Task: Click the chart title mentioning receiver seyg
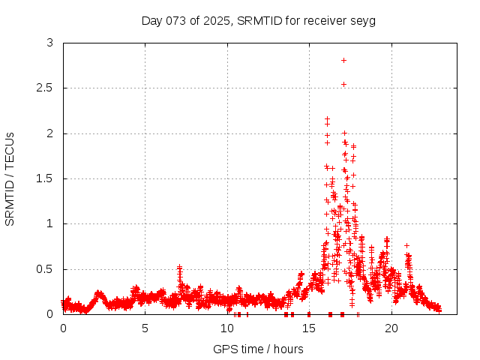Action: [259, 20]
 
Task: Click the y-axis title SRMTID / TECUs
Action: [10, 178]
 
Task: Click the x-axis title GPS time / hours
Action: [258, 349]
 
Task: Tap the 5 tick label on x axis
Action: [145, 328]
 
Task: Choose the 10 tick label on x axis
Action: [227, 328]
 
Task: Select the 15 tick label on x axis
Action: [309, 328]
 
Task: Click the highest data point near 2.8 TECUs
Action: [343, 60]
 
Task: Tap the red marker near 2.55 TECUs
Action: [343, 84]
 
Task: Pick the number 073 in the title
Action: [178, 20]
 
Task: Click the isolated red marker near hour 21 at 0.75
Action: [406, 245]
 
